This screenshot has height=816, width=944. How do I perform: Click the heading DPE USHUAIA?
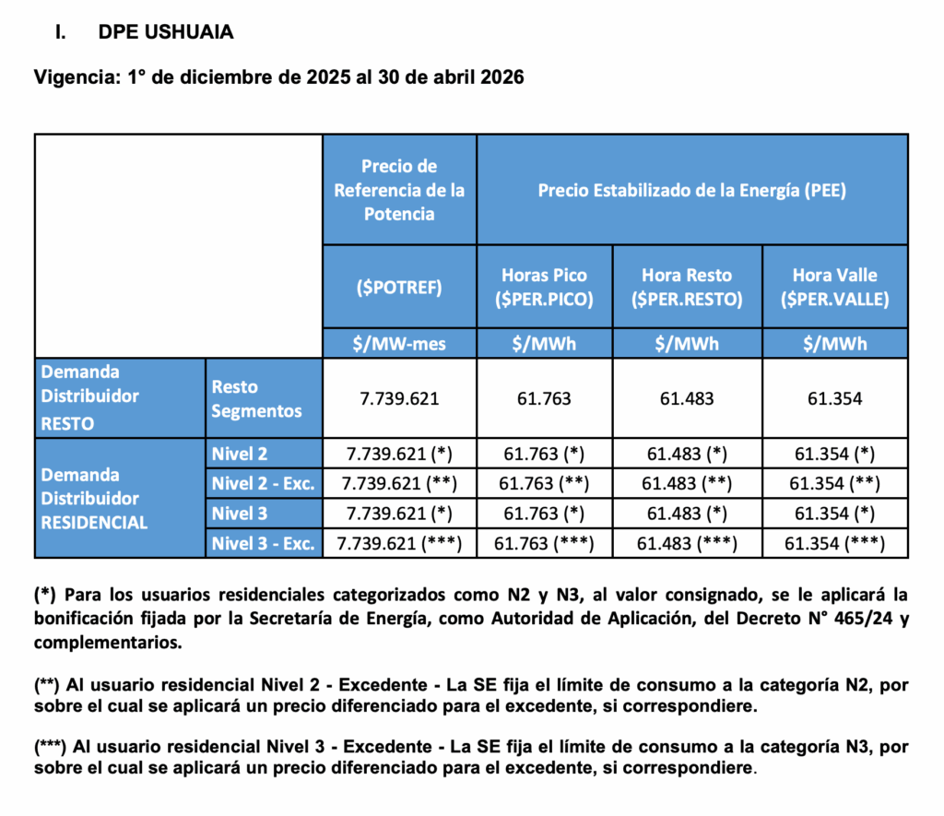pos(166,32)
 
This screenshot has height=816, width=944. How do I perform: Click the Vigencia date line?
pos(278,77)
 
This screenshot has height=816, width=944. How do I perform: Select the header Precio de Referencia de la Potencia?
pos(399,189)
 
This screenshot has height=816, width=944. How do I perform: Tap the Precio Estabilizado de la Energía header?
pos(691,190)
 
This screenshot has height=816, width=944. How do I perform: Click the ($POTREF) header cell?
pos(399,286)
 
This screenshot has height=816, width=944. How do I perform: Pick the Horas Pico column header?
pos(544,286)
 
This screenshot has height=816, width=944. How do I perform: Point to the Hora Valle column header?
pos(834,286)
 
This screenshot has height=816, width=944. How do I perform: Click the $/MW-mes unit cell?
pos(399,344)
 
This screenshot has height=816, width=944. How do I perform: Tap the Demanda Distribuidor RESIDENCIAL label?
pos(94,498)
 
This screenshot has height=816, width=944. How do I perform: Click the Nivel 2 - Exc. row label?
pos(263,483)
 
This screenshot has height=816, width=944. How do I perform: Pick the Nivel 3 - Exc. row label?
pos(263,543)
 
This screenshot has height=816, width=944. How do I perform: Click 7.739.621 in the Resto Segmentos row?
pos(399,399)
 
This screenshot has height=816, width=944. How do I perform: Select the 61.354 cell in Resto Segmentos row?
pos(834,399)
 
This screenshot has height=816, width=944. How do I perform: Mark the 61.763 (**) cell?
pos(544,483)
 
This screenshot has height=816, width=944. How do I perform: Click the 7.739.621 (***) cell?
pos(399,543)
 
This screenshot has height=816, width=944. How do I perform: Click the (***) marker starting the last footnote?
pos(52,745)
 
